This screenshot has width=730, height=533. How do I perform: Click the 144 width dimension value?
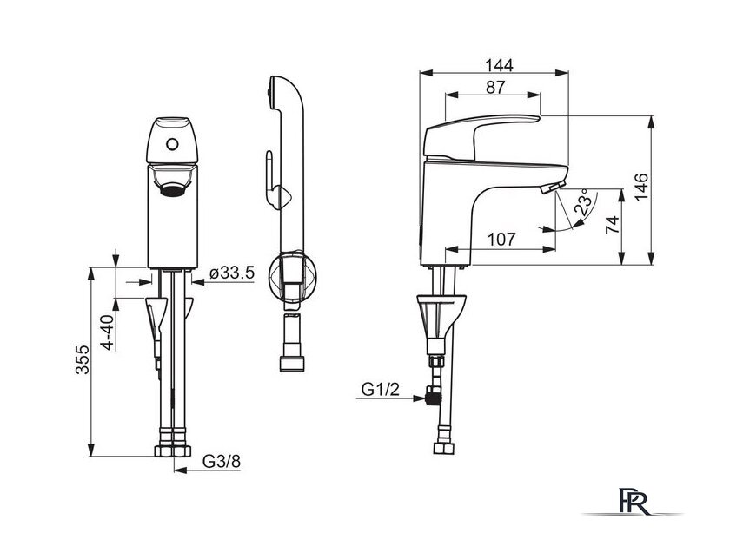click(x=499, y=65)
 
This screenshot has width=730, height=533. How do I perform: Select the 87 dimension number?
click(x=494, y=88)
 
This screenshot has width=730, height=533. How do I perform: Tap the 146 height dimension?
click(x=641, y=187)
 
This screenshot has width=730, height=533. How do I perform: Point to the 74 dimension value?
click(x=614, y=225)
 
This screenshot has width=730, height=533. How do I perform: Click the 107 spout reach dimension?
click(x=502, y=240)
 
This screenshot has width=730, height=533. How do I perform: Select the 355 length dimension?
click(x=83, y=359)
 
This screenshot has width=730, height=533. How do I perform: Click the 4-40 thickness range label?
click(x=108, y=332)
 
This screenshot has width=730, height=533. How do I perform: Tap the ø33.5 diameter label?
click(x=232, y=273)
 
